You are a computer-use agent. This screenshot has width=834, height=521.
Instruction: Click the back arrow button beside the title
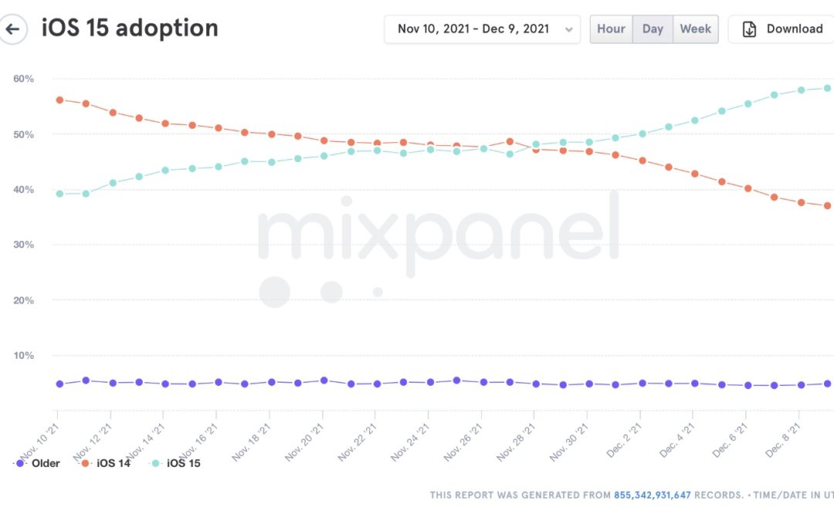click(x=12, y=29)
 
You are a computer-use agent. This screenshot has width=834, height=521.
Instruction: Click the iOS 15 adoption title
click(x=130, y=29)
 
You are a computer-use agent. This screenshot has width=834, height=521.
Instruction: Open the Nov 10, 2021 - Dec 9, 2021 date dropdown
click(x=482, y=29)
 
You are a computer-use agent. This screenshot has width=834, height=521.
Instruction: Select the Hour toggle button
click(x=611, y=29)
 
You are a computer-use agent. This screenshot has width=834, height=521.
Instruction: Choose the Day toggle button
click(x=653, y=29)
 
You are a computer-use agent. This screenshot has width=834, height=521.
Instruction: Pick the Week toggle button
click(x=695, y=29)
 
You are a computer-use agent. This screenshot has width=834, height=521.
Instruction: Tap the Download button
click(x=782, y=29)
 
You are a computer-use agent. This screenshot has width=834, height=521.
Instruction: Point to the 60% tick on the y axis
click(x=23, y=79)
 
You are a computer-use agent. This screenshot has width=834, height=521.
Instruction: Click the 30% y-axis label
click(x=23, y=245)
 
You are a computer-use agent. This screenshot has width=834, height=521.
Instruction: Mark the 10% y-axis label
click(x=23, y=356)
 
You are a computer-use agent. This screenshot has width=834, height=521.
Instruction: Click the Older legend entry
click(x=38, y=464)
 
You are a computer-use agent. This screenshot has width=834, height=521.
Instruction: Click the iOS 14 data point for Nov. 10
click(x=59, y=100)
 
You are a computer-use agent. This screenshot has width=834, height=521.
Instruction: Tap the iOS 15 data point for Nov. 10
click(x=59, y=194)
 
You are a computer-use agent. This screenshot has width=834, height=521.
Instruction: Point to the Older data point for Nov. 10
click(x=59, y=384)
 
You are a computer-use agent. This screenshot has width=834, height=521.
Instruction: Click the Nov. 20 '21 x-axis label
click(x=306, y=440)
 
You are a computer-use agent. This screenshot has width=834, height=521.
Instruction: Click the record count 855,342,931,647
click(x=652, y=495)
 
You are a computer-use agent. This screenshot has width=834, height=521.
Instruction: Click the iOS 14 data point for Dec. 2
click(x=642, y=161)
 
